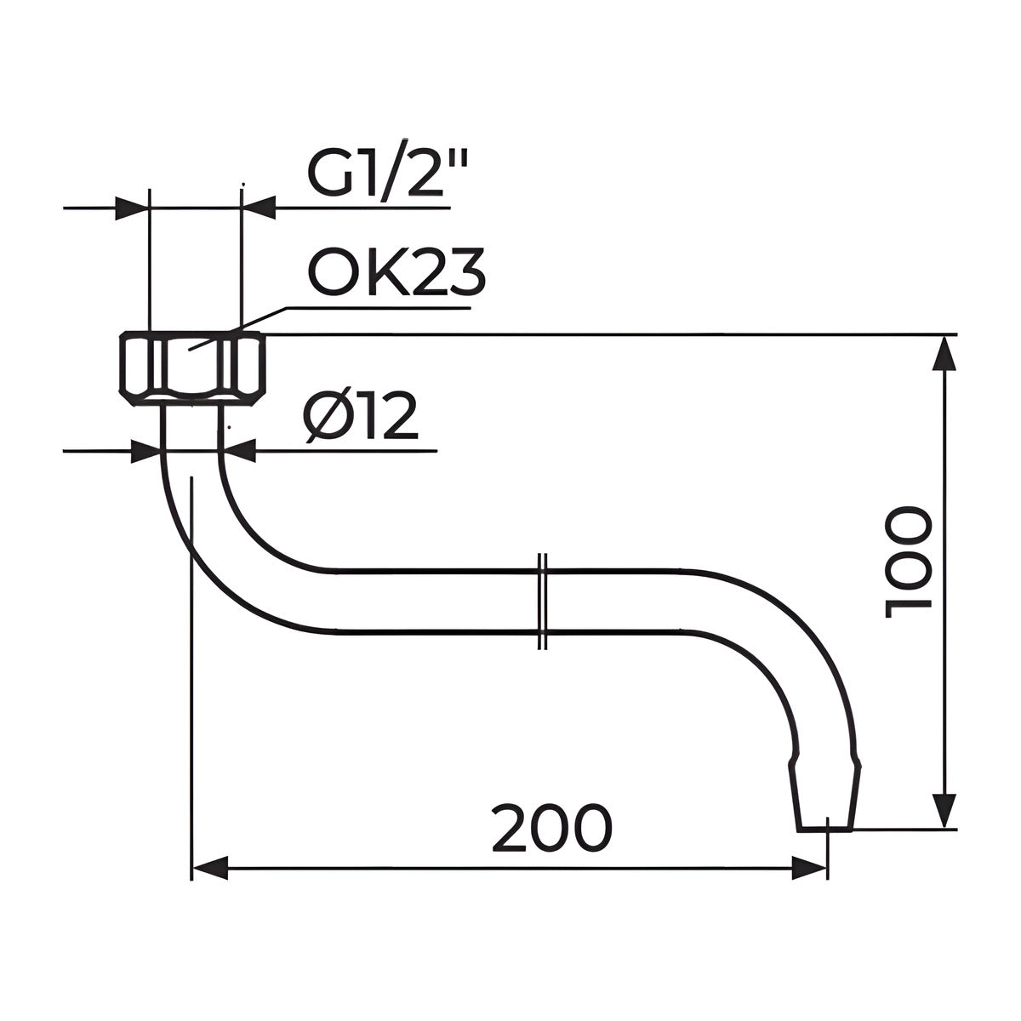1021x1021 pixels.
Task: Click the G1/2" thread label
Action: [x=388, y=168]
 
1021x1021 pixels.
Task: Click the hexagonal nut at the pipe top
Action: [x=191, y=368]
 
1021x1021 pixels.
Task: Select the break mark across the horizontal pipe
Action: [x=542, y=602]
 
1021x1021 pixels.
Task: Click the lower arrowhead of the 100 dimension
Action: [x=946, y=824]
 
